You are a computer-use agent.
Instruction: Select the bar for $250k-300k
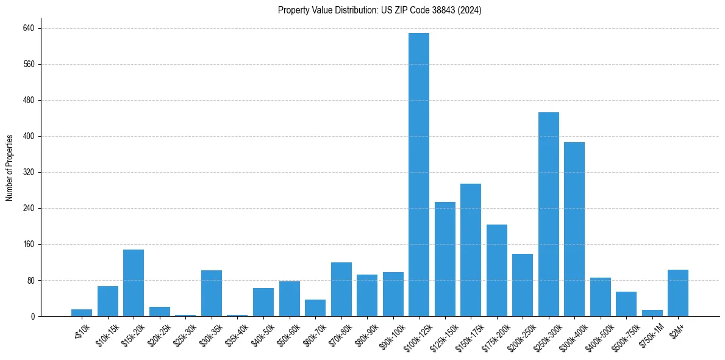pos(548,214)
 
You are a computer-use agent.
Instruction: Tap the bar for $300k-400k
pos(574,229)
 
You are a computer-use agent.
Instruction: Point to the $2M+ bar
pos(678,293)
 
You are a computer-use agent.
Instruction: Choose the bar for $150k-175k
pos(471,250)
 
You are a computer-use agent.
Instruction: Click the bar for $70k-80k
pos(341,289)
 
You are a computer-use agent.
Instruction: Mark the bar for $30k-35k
pos(212,293)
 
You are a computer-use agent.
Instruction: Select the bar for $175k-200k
pos(496,270)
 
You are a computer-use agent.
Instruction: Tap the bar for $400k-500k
pos(600,297)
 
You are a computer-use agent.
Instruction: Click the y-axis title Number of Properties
pos(9,168)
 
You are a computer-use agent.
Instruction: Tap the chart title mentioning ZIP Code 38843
pos(379,10)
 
